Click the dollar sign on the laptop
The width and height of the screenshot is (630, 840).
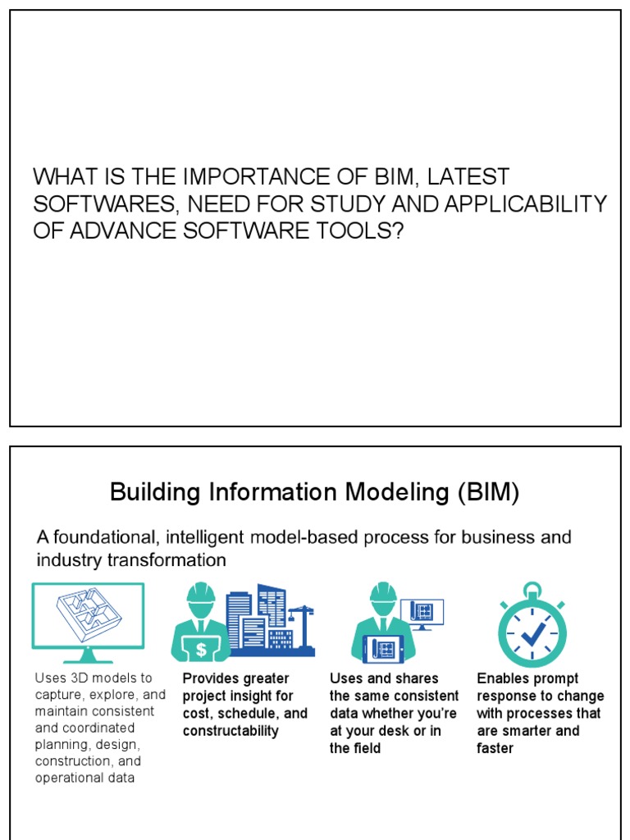click(201, 650)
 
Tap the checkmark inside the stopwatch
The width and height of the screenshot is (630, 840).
click(533, 633)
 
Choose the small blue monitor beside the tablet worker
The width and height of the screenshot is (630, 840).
click(423, 612)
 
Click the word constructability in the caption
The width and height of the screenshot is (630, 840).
click(231, 731)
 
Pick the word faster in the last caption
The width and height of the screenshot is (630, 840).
click(495, 748)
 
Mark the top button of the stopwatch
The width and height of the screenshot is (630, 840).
click(532, 589)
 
